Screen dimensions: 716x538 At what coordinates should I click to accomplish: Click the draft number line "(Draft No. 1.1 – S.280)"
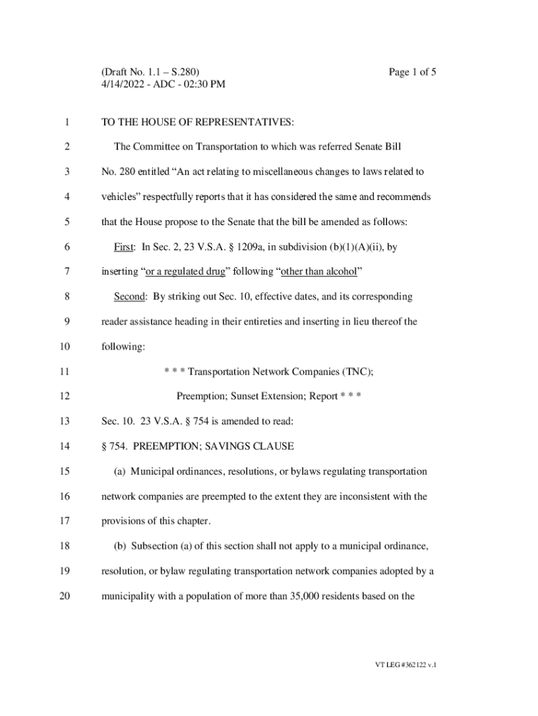[x=150, y=71]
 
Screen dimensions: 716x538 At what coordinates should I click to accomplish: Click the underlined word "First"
[x=124, y=247]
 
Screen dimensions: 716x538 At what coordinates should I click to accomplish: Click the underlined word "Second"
[x=130, y=296]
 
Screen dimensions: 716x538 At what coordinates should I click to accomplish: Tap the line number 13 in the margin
[x=66, y=421]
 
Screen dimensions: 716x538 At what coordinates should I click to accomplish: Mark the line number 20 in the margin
[x=66, y=596]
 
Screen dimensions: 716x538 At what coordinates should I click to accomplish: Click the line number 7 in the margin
[x=66, y=271]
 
